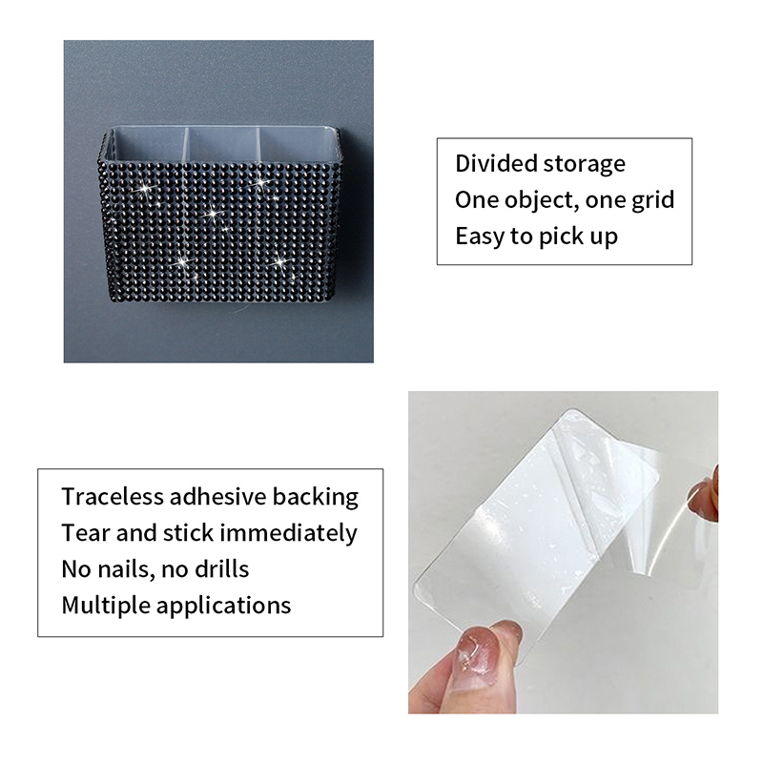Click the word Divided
coord(496,163)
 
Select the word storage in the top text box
coord(585,165)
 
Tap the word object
coord(539,201)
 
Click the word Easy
coord(480,237)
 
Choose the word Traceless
coord(112,497)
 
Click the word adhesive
coord(217,497)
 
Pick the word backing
coord(316,498)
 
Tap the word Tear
coord(86,533)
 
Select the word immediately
coord(289,534)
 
